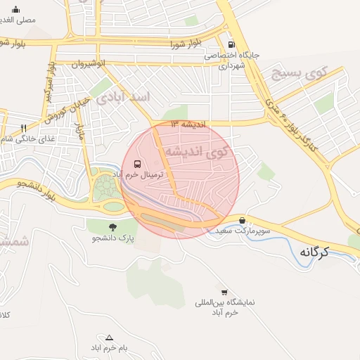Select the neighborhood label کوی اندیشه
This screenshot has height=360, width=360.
[196, 151]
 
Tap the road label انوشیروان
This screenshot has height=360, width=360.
[90, 64]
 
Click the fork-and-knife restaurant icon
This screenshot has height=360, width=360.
[24, 128]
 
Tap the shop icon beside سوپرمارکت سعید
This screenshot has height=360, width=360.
[242, 220]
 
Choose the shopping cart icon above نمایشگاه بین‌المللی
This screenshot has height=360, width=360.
[224, 292]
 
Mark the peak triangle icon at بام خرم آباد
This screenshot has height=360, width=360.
[108, 337]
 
